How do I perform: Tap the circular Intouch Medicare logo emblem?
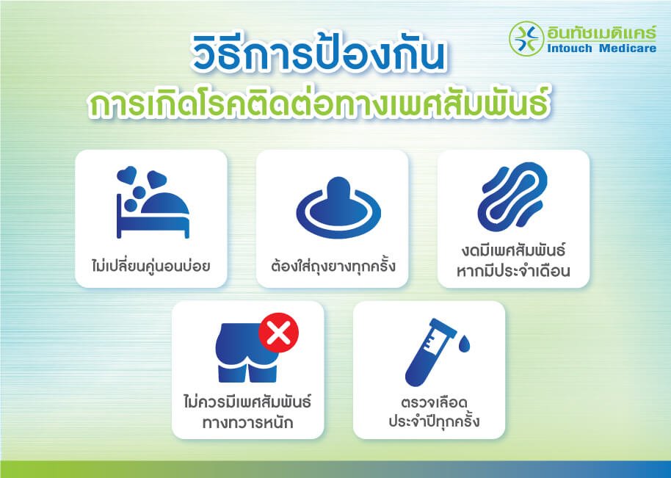coord(526,38)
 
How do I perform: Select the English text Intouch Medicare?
coord(601,48)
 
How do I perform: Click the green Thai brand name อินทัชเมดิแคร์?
coord(601,32)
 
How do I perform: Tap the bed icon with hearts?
coord(153,202)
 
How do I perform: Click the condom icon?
coord(338,208)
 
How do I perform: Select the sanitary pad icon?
coord(512,197)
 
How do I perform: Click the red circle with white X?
coord(278,333)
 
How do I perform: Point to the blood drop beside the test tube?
coord(464,344)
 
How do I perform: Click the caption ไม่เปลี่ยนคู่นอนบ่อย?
coord(150,265)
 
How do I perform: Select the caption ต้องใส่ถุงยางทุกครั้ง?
coord(333,266)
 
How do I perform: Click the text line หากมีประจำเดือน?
coord(513,272)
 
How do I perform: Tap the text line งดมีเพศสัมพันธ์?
coord(513,250)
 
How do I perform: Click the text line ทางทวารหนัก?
coord(248,423)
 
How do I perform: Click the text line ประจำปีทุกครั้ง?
coord(434,421)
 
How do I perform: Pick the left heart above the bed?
coord(127,175)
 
